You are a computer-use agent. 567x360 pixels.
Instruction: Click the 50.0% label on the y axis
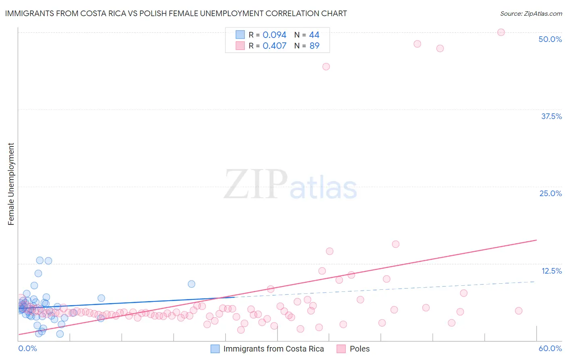550,39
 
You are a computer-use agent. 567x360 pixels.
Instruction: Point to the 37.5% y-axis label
551,116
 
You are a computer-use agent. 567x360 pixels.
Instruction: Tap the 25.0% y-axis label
550,193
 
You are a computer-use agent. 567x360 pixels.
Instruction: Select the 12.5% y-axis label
551,271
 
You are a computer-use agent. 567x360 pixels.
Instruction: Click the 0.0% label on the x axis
27,348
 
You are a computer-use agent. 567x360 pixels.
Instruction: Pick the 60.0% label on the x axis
550,348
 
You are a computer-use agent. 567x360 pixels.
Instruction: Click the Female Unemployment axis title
11,184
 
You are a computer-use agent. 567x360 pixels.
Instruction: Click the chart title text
176,13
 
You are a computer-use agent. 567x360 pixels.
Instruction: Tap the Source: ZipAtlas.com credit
531,13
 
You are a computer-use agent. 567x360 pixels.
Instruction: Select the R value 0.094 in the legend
274,35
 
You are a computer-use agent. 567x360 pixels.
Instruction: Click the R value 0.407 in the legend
274,46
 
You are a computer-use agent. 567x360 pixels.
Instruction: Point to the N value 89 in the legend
314,46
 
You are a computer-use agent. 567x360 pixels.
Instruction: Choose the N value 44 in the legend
314,35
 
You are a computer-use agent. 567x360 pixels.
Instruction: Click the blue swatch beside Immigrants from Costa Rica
215,349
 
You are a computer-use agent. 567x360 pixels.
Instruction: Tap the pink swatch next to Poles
341,349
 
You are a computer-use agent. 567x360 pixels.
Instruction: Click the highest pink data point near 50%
501,32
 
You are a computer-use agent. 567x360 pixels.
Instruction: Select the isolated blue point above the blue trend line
192,284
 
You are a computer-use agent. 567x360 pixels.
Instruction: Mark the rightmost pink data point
519,311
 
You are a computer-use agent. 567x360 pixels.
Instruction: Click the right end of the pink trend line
536,240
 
